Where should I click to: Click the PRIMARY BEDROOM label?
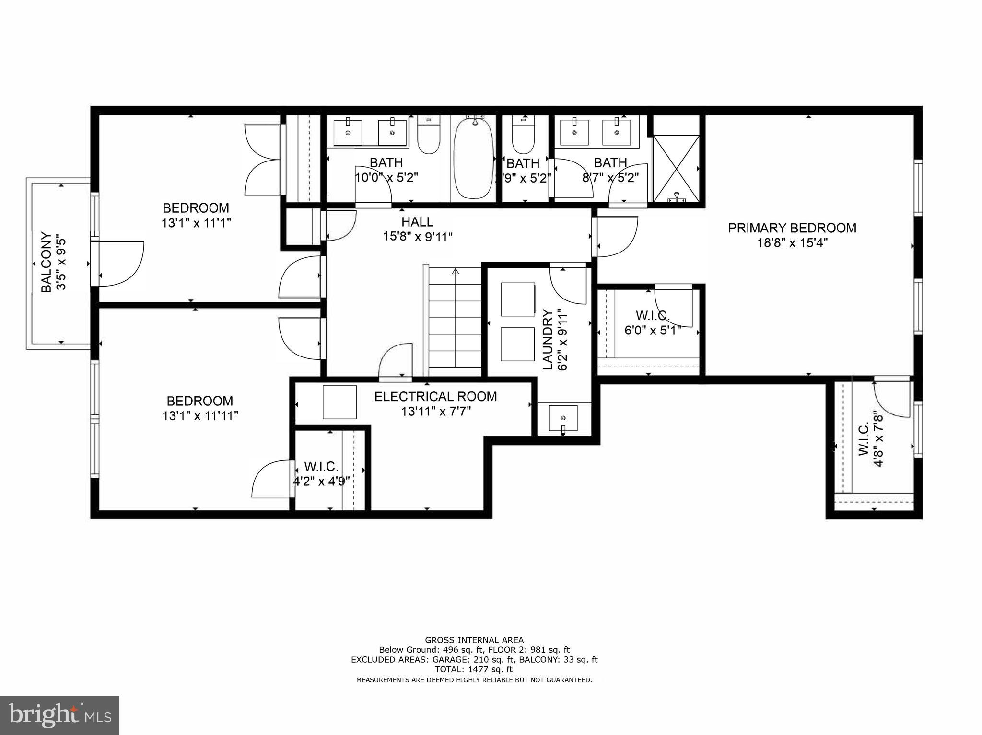pos(792,228)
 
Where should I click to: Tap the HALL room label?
pos(417,222)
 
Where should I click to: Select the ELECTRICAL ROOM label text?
pos(435,397)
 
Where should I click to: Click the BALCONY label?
pos(46,262)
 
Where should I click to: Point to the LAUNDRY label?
pos(548,339)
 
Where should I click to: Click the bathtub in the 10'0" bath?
pos(474,158)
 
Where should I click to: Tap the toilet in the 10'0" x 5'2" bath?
pos(429,137)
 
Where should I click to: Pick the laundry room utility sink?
pos(563,418)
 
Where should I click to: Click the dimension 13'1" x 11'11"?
pos(200,416)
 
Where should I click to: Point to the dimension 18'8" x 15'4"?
pos(792,243)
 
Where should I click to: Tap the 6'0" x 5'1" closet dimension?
pos(653,331)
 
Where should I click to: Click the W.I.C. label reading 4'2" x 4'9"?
pos(321,467)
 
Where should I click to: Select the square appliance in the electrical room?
pos(339,402)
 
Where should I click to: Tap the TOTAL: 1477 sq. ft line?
pos(474,669)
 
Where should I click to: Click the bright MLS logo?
pos(59,715)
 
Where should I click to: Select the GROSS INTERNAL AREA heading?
pos(474,640)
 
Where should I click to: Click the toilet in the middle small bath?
pos(523,136)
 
